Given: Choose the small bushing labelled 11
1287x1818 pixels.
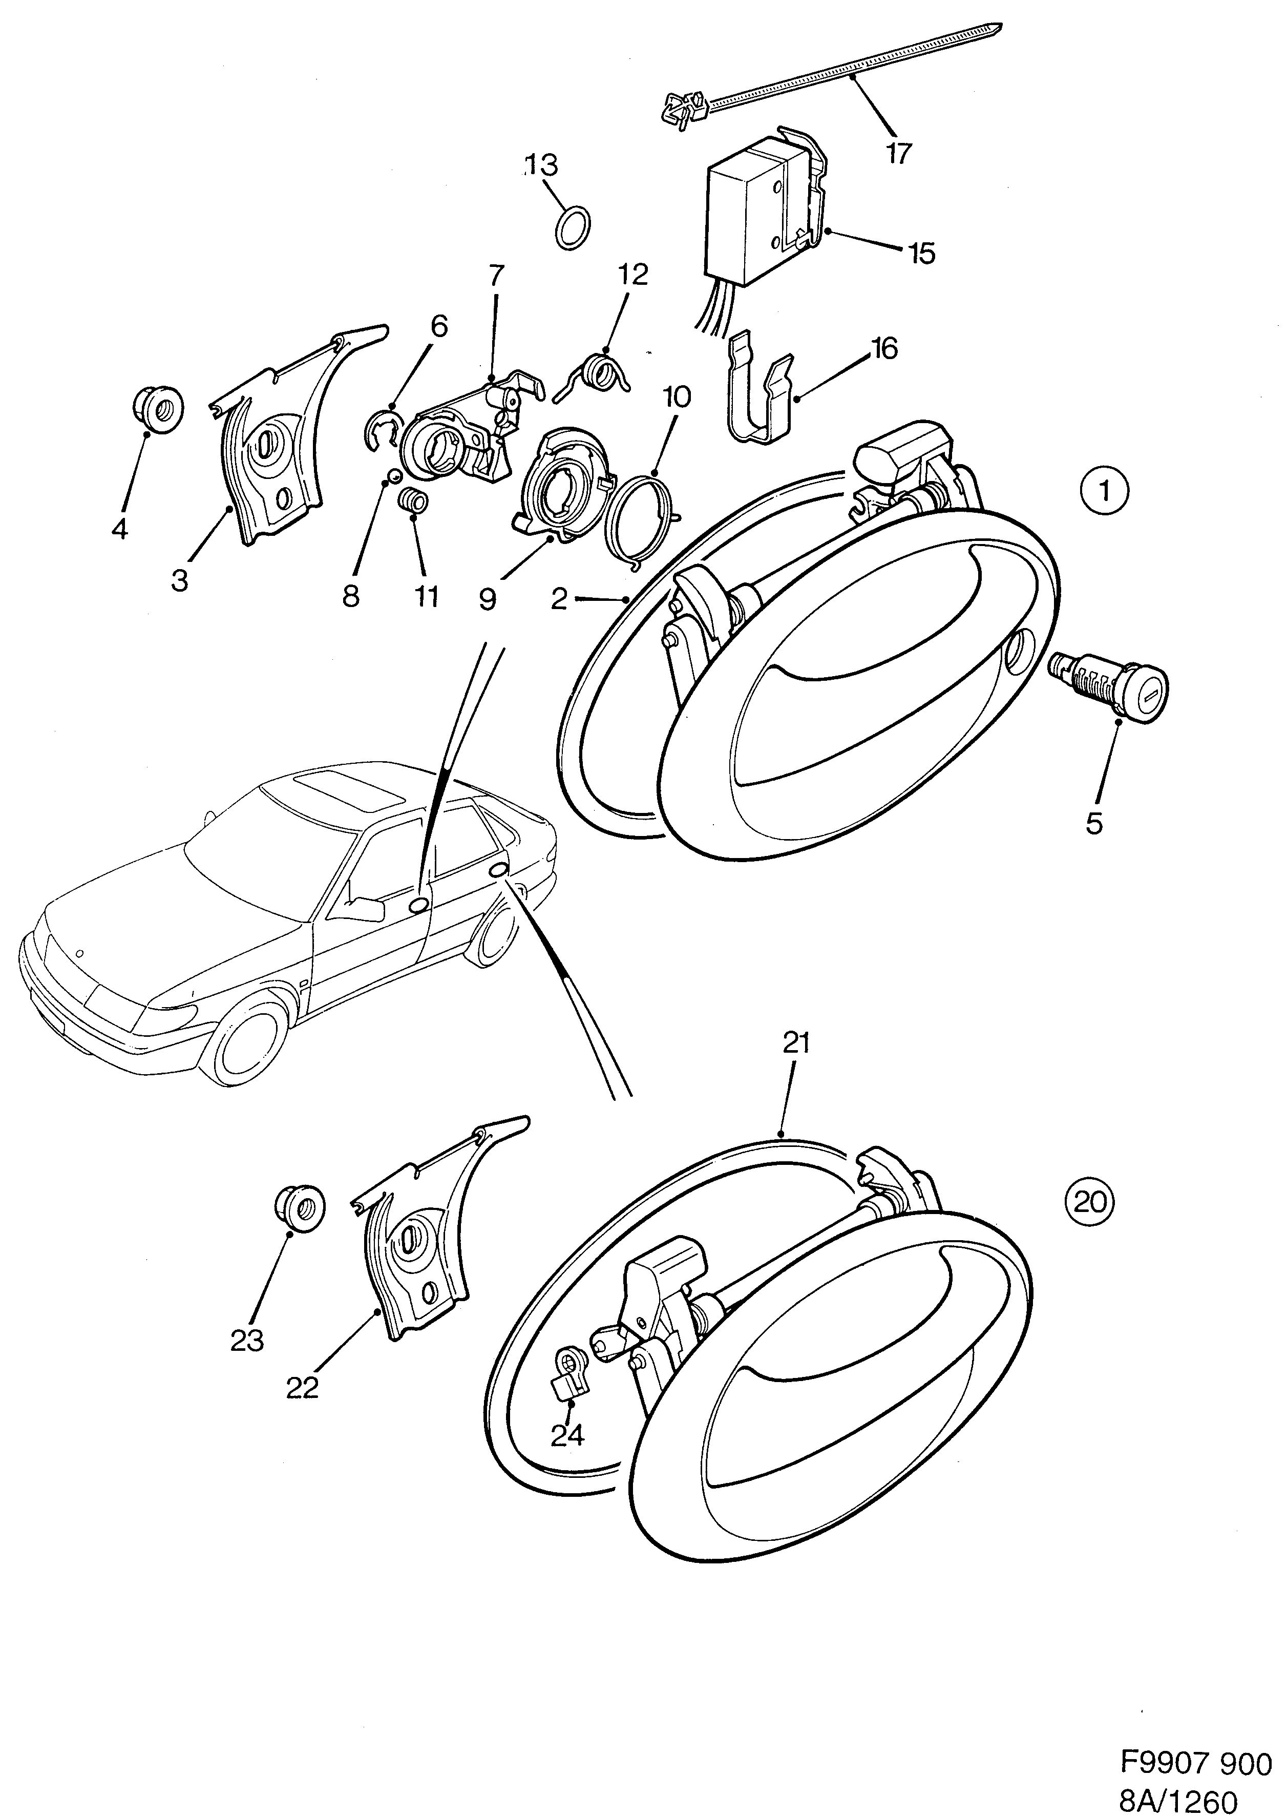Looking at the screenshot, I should click(413, 501).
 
